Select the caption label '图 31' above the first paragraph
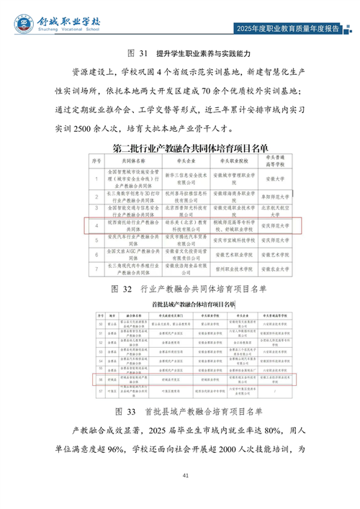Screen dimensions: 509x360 click(x=137, y=54)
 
